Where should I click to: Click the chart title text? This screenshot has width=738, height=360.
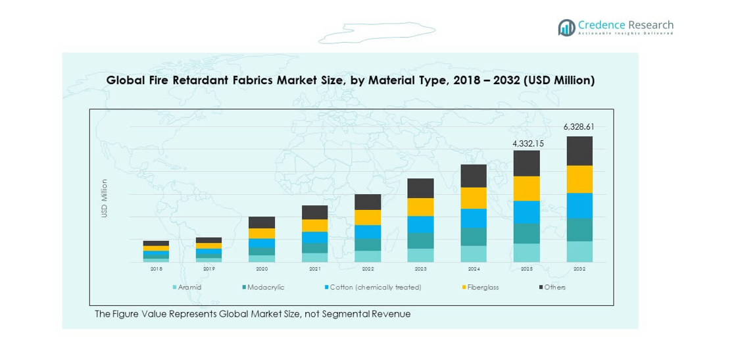point(350,80)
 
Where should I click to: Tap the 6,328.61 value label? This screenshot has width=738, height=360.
point(579,126)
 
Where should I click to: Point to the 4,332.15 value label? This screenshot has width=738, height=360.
point(526,142)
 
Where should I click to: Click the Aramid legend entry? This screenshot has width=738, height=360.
point(189,287)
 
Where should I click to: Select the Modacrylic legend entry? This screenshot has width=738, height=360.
point(266,287)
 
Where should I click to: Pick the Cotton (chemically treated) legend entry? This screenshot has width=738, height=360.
point(375,287)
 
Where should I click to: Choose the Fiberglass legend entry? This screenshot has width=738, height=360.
point(483,287)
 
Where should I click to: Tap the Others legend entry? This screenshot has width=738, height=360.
point(554,287)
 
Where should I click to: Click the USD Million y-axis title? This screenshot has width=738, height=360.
point(104,198)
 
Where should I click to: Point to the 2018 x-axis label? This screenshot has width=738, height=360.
point(156,269)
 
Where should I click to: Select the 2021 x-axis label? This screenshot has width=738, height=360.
point(314,269)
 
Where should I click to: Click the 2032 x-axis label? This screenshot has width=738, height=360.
point(579,269)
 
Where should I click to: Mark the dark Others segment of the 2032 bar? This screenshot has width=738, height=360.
point(579,151)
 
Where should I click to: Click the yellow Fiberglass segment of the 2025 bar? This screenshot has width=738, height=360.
point(526,188)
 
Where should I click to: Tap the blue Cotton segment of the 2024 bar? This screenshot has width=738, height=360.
point(474,218)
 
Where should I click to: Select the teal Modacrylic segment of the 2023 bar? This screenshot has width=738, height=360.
point(420,240)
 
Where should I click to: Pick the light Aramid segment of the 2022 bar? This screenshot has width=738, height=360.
point(368,256)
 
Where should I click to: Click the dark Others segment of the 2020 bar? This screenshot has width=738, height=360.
point(262,222)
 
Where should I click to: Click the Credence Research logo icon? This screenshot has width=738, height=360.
point(566,27)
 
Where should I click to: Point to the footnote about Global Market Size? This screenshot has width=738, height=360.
point(253,314)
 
